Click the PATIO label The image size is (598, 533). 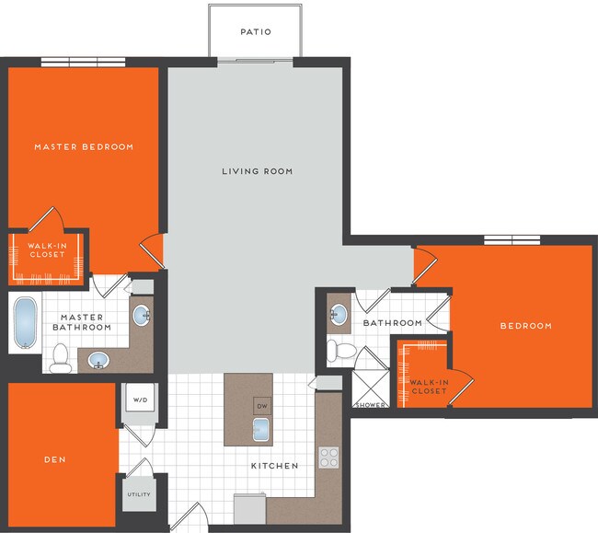(256, 31)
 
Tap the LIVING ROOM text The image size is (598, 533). (258, 171)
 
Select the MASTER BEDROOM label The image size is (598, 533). (84, 146)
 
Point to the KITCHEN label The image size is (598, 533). (275, 466)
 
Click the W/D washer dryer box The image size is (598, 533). (141, 400)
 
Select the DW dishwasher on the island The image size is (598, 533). (261, 406)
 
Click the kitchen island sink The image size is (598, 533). (261, 429)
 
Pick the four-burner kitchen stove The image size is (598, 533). (328, 458)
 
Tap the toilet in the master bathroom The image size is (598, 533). (61, 357)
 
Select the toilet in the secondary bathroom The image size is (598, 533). (339, 350)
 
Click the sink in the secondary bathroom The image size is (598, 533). (339, 315)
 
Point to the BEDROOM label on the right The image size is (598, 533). (525, 326)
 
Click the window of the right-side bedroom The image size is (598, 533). (512, 240)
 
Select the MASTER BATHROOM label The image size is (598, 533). (82, 322)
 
